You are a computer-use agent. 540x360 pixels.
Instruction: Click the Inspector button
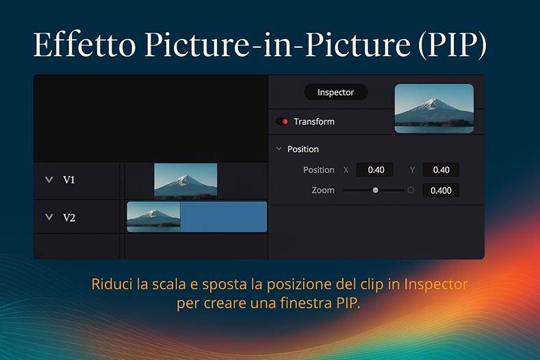[x=335, y=92]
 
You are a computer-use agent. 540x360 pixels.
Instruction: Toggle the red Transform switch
[x=282, y=122]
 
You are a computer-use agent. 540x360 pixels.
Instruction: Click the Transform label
[x=314, y=122]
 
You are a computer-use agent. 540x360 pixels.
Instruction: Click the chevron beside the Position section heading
[x=279, y=149]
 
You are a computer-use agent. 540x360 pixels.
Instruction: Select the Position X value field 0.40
[x=376, y=170]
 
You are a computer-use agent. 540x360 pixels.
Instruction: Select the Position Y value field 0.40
[x=441, y=170]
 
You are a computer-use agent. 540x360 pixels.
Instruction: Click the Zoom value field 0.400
[x=441, y=190]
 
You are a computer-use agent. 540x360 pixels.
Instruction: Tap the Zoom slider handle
[x=375, y=190]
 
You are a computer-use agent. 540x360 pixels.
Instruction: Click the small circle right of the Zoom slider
[x=411, y=190]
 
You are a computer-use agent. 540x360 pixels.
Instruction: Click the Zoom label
[x=323, y=190]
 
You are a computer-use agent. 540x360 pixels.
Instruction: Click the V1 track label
[x=69, y=180]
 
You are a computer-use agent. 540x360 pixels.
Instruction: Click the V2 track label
[x=69, y=218]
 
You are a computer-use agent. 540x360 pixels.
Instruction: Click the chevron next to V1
[x=49, y=180]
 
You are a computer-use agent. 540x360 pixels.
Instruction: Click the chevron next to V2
[x=49, y=218]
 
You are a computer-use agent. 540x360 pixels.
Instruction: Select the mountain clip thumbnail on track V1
[x=185, y=181]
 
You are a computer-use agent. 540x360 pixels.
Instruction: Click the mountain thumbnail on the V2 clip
[x=153, y=216]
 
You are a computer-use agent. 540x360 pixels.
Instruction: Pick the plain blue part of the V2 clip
[x=223, y=216]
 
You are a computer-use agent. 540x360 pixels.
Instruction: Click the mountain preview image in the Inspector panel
[x=434, y=108]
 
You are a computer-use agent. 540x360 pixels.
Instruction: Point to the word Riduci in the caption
[x=112, y=283]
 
